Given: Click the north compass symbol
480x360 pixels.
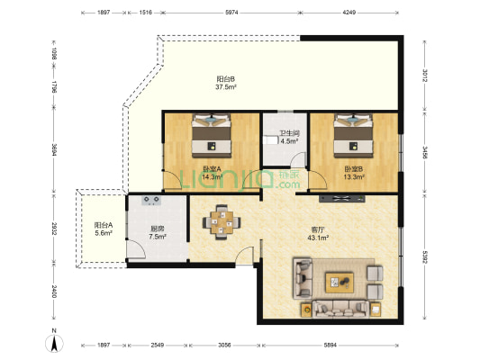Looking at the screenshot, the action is (x=54, y=343).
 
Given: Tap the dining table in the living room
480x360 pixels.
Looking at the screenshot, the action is (x=222, y=222).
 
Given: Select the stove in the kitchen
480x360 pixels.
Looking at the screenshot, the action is (x=151, y=200).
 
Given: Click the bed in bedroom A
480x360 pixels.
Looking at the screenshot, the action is (x=212, y=136).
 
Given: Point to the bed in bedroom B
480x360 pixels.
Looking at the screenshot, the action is (x=354, y=136).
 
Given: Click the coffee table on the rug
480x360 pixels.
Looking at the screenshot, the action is (x=340, y=283).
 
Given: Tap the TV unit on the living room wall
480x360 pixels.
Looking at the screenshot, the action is (x=342, y=199).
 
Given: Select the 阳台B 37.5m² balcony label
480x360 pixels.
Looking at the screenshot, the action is (x=226, y=83).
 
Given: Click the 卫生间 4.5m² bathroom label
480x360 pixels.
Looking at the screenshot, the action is (x=289, y=137).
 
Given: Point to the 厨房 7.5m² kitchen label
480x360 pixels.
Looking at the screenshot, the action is (x=158, y=232).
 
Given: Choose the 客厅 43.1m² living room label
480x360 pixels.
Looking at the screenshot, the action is (x=318, y=233).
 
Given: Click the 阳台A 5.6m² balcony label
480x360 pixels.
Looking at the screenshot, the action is (x=104, y=229).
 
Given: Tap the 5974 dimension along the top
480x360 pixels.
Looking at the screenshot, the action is (x=231, y=13).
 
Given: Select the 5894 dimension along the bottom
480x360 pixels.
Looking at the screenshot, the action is (x=331, y=345).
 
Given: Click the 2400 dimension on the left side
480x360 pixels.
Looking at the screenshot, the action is (x=54, y=292).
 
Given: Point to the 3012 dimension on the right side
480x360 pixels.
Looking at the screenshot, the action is (x=425, y=76).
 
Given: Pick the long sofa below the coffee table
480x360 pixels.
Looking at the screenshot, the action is (x=340, y=310).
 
